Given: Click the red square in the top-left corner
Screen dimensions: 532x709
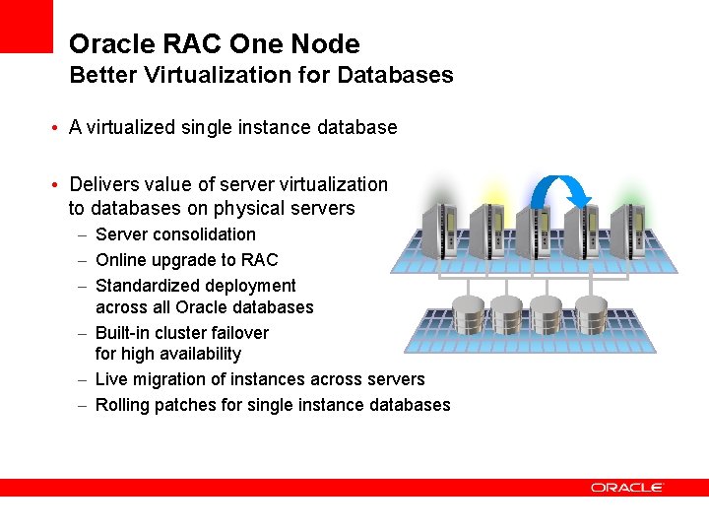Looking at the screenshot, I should (x=26, y=26).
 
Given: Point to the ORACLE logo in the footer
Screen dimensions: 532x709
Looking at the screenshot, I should (x=627, y=488).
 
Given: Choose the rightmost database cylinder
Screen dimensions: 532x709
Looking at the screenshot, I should (x=592, y=314).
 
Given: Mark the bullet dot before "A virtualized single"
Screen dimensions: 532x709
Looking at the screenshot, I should (x=59, y=129).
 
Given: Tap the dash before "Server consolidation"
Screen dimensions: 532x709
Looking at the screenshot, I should (x=83, y=235).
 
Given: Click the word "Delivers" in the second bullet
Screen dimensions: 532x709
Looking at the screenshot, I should (x=103, y=184).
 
